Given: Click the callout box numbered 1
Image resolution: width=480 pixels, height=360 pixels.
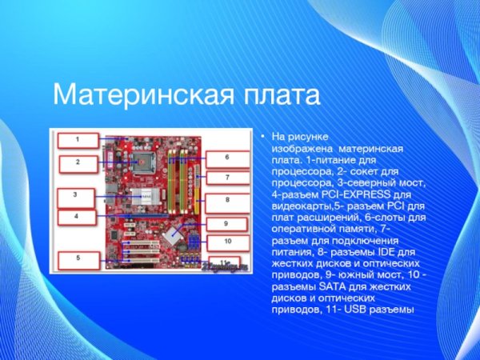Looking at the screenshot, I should coord(78,139).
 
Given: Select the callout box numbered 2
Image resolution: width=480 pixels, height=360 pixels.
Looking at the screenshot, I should coord(78,162).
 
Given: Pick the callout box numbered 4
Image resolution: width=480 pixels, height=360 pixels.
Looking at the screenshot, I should coord(76,217).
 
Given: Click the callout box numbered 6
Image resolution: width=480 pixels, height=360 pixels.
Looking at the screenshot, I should coord(226,158).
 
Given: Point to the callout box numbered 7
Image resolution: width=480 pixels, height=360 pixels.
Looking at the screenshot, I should coord(226,178).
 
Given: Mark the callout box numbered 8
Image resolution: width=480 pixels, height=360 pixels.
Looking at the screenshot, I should coord(226,199).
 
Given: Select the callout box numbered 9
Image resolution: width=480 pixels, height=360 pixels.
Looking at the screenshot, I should coord(226,223).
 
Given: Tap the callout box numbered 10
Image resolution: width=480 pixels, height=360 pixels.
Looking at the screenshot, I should coord(227,241).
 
